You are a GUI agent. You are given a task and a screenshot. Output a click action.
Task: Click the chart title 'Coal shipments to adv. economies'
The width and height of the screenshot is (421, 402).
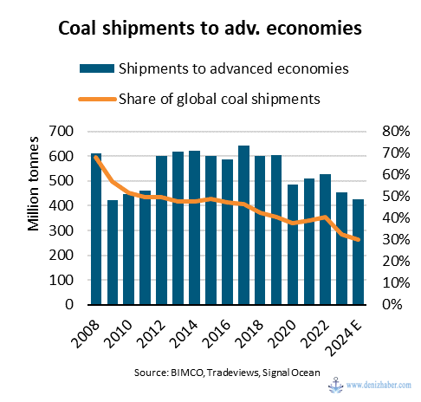pos(210,28)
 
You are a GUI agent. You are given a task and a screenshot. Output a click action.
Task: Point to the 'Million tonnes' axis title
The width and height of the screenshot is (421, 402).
pos(34,184)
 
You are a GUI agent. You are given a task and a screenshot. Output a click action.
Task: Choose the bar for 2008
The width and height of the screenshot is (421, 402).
pos(96,229)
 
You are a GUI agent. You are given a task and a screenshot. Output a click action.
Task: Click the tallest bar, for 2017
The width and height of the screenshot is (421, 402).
pos(243,225)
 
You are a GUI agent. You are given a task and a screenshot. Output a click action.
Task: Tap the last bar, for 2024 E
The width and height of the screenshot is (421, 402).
pos(358,252)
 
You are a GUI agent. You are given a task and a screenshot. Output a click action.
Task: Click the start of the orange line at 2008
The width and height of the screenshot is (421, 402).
pos(96,158)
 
